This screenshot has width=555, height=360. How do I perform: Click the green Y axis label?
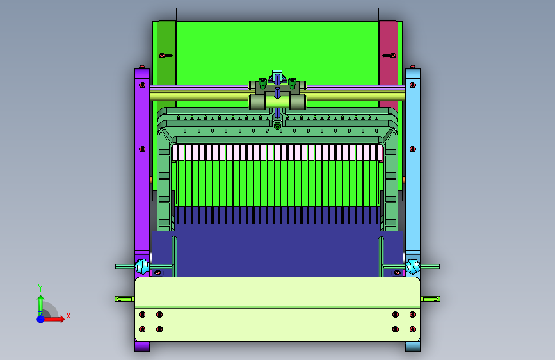click(x=40, y=288)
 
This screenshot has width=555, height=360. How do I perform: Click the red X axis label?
click(x=68, y=316)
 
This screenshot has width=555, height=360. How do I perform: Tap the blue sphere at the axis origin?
click(x=41, y=319)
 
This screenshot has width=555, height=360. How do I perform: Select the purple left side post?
click(x=142, y=209)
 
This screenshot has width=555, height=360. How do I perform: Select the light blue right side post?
click(x=413, y=209)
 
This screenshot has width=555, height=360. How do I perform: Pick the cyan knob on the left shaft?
click(x=141, y=266)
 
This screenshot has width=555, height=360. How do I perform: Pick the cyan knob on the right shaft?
click(x=413, y=266)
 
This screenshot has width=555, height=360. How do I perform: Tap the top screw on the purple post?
click(x=142, y=85)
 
